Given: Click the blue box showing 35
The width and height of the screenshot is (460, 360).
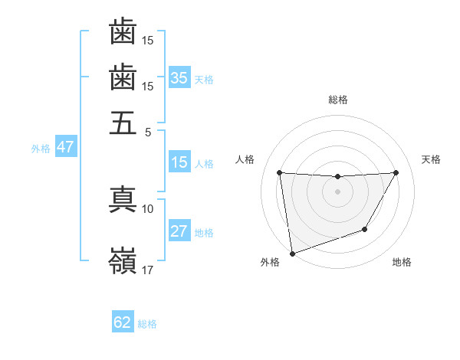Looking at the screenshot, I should point(179,77).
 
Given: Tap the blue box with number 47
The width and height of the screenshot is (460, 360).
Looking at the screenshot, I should point(65,147).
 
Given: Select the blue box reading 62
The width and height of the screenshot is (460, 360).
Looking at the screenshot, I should point(123,322).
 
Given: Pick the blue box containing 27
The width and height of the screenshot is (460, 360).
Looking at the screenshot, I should point(179,231).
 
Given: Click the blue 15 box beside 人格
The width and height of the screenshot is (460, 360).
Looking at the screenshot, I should point(179,162).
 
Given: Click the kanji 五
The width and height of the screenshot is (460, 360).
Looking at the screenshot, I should point(123,123).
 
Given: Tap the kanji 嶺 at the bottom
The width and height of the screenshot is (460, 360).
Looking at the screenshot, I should point(123,260).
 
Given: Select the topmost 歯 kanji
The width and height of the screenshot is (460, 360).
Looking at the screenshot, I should point(123,32).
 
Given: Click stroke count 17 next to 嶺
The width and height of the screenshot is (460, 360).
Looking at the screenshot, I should point(148,270).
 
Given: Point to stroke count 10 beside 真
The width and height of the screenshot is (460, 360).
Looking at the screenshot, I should point(148,208).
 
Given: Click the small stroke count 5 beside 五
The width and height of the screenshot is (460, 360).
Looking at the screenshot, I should point(149,131).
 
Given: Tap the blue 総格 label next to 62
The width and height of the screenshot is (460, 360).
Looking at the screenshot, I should point(147,324).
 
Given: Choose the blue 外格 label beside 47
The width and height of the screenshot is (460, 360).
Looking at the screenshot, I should point(41,149).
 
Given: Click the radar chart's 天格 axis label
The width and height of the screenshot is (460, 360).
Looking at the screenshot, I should point(431,159).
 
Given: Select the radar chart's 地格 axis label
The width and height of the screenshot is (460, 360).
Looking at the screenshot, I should point(402,263).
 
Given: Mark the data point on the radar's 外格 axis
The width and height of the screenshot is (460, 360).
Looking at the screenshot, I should point(292,253).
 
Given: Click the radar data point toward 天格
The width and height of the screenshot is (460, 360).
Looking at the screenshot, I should point(396,172).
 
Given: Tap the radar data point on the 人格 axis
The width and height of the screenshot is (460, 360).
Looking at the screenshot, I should point(279,172).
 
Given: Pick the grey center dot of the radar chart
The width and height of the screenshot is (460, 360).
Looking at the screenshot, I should point(337,191).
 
